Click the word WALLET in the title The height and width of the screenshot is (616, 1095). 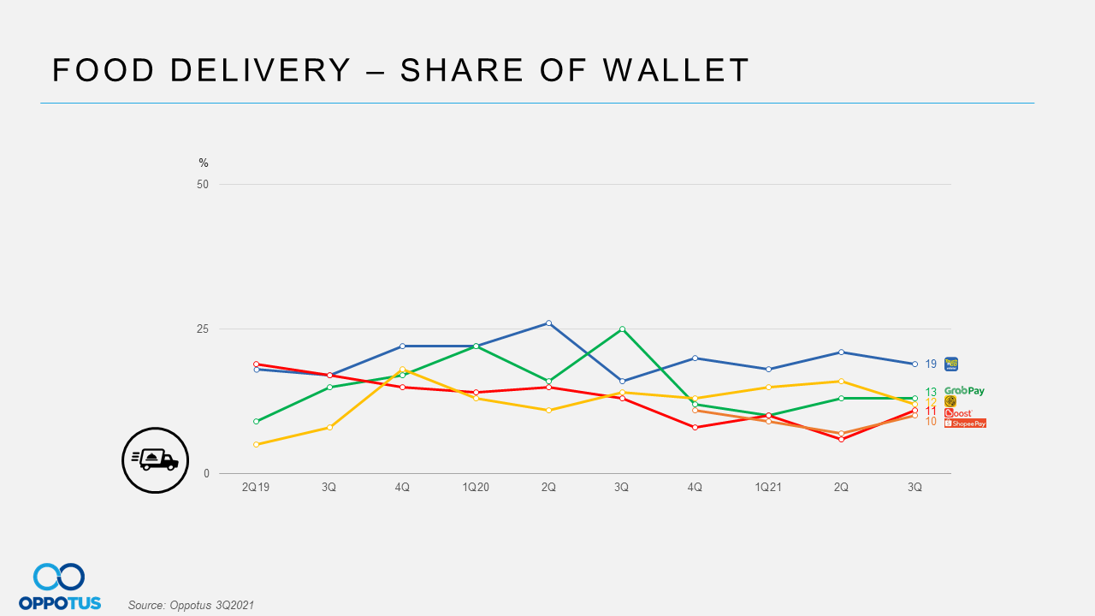676,70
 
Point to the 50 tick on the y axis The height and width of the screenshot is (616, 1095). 203,184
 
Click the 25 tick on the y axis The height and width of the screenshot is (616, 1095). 203,329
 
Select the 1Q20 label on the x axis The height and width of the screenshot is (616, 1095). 476,487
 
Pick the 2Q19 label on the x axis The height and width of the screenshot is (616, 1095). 256,487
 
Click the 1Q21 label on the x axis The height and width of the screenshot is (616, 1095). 768,487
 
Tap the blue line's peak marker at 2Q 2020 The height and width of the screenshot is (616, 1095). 548,323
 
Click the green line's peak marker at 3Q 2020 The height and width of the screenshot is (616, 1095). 622,329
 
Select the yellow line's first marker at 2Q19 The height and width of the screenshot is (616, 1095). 256,444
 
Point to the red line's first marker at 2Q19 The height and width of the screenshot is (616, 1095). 256,364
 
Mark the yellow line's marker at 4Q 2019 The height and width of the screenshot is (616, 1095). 402,369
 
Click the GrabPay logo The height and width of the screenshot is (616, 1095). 964,391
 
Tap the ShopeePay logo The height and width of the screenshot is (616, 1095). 965,423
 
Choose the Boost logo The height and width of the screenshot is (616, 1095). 958,412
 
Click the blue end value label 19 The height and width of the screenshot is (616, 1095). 931,364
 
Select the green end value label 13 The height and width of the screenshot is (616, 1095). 931,392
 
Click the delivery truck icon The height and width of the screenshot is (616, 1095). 155,459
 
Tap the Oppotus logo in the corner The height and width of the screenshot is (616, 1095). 60,587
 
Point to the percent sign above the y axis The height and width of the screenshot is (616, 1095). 204,163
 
